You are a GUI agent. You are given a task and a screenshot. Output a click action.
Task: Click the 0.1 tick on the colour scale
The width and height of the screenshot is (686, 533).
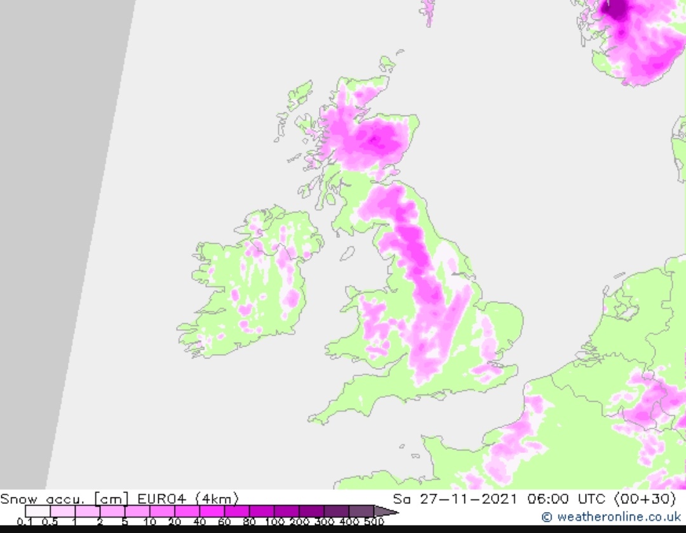tap(25, 522)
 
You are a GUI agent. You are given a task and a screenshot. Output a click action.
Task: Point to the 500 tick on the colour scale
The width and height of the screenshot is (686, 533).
tap(374, 522)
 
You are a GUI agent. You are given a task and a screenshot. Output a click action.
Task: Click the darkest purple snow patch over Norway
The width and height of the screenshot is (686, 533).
tap(615, 9)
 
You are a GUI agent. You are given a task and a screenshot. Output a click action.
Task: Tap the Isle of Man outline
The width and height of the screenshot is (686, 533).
tap(347, 253)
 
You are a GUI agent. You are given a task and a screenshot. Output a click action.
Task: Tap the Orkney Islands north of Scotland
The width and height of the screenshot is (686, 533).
tap(387, 63)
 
